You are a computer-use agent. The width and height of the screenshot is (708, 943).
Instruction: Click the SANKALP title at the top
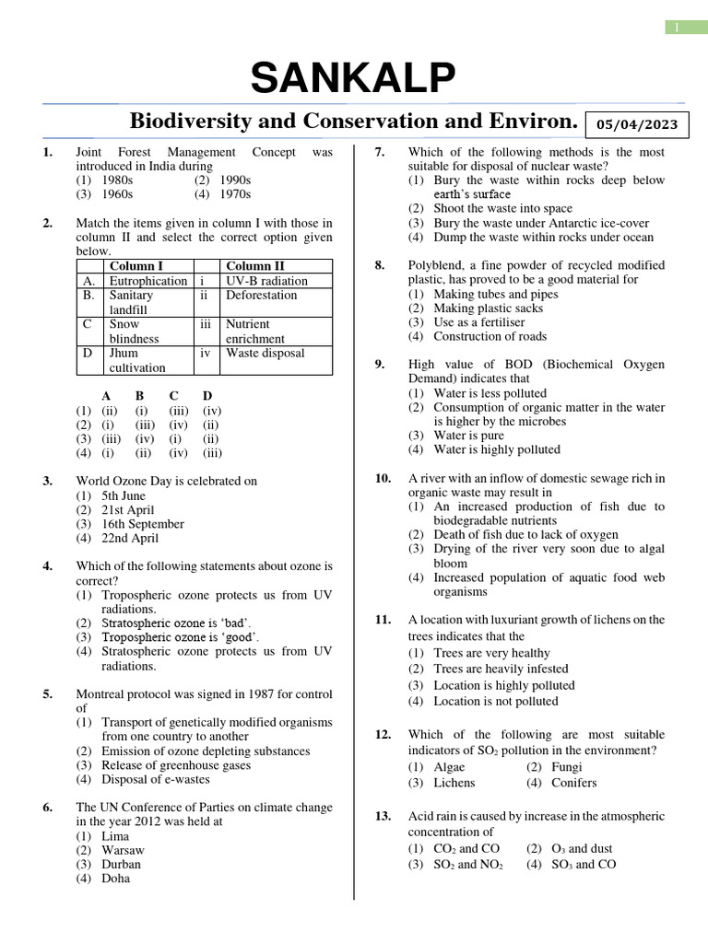click(353, 79)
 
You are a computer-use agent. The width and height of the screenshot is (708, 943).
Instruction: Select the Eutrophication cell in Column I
click(147, 281)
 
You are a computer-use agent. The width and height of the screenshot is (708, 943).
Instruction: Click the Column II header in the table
click(255, 267)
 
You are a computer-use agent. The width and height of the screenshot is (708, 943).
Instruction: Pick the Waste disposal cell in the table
click(265, 353)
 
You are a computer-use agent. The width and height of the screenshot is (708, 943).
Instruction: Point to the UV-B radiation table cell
click(266, 281)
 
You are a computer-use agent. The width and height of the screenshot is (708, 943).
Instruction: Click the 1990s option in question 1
click(235, 180)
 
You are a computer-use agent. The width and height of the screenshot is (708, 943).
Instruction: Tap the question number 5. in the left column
click(47, 694)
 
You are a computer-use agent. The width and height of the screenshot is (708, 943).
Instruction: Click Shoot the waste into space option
click(502, 208)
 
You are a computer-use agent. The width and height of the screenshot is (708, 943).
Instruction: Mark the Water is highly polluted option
click(496, 449)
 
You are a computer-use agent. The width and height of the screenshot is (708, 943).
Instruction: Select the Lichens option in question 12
click(454, 783)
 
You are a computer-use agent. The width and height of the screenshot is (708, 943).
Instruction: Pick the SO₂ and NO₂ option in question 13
click(467, 864)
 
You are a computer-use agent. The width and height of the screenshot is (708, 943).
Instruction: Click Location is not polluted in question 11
click(495, 701)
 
